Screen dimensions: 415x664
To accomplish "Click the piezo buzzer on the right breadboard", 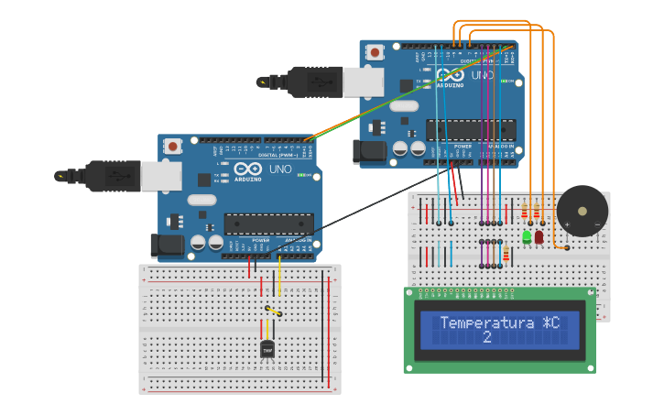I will pos(582,211).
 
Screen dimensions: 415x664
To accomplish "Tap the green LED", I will pos(527,236).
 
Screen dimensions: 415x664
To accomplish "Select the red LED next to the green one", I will pos(539,237).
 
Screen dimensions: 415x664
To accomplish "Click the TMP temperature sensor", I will pos(267,349).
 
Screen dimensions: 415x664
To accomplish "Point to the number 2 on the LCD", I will pos(486,337).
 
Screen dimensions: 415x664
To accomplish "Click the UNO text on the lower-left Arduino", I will pos(281,169).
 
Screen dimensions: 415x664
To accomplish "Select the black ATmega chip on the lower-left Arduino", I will pos(268,224).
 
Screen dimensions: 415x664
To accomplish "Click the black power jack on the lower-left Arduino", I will pos(167,245).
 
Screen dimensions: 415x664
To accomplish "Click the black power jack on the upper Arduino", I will pos(370,151).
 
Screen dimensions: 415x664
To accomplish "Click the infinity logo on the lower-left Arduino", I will pos(248,169).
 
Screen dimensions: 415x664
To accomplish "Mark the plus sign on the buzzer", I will pos(568,224).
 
